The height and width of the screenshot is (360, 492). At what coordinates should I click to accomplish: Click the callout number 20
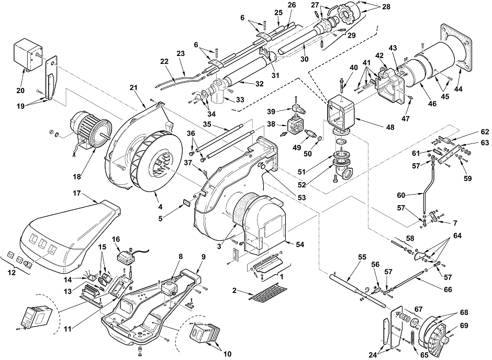[20, 91]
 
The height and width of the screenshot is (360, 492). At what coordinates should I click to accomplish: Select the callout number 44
[458, 89]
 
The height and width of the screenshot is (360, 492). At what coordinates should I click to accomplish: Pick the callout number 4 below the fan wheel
[160, 207]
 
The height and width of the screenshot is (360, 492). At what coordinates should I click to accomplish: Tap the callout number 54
[300, 244]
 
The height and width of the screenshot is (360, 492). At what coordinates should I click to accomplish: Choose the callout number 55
[362, 257]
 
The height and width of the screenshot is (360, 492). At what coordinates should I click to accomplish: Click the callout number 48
[390, 127]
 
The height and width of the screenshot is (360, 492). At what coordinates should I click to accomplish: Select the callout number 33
[240, 100]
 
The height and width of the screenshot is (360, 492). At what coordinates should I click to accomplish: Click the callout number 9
[203, 256]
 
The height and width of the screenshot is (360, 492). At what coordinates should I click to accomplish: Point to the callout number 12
[12, 273]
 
